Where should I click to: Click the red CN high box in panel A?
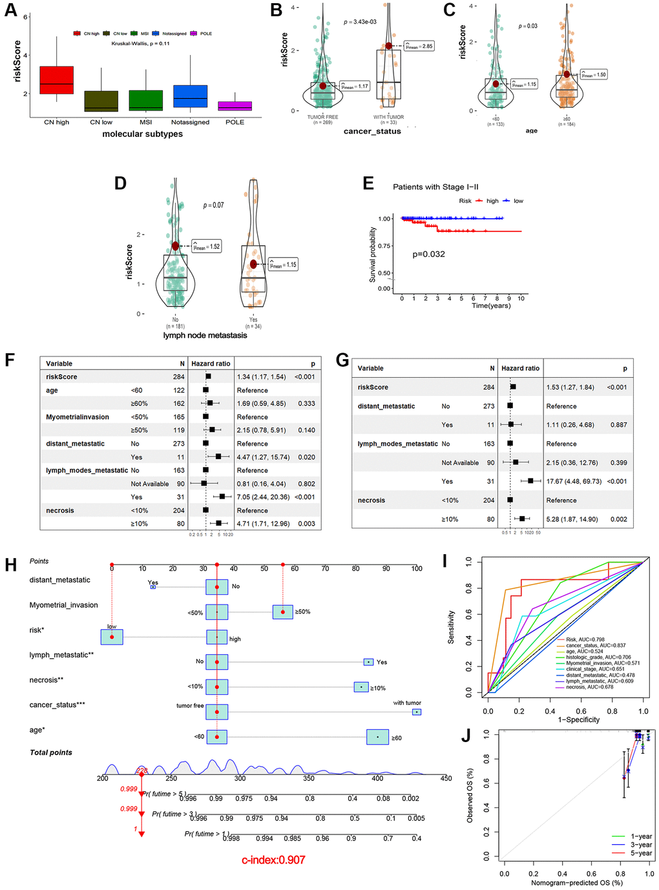coord(56,80)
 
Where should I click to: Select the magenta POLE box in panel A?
coord(235,106)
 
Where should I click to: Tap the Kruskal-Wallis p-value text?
coord(140,44)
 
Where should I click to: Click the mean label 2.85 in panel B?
coord(419,47)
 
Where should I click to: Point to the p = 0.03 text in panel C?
coord(528,26)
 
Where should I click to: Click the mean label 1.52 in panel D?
coord(207,246)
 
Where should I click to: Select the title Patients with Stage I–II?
coord(435,187)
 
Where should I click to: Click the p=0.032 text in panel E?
coord(428,254)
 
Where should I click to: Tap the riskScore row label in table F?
coord(61,377)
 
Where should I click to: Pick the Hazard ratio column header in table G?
coord(520,368)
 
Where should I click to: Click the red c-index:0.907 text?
coord(273,860)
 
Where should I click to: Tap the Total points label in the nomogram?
coord(51,752)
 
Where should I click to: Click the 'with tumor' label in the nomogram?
coord(407,703)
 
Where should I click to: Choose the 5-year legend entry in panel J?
coord(641,853)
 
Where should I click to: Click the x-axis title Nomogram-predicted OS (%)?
coord(577,883)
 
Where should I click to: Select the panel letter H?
coord(10,565)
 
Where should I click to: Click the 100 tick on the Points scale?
coord(417,568)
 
